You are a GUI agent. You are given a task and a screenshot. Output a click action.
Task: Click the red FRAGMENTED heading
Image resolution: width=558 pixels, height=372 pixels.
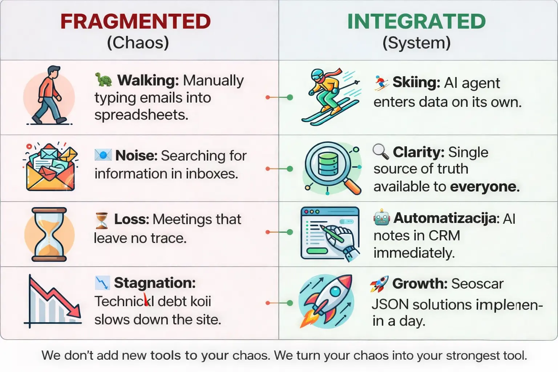(136, 21)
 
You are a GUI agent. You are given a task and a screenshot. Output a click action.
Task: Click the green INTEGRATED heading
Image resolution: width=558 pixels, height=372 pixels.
(416, 21)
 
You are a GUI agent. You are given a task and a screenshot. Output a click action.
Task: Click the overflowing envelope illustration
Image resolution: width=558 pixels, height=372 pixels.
(50, 167)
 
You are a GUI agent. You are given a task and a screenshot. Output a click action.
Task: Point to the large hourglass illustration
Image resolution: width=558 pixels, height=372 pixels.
(49, 234)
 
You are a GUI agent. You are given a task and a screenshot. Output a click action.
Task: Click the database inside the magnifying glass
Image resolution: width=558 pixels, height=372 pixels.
(328, 165)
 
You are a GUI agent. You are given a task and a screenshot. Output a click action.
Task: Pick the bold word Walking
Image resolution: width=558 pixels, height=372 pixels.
(147, 80)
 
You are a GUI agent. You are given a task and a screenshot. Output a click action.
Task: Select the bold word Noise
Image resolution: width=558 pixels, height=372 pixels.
(136, 155)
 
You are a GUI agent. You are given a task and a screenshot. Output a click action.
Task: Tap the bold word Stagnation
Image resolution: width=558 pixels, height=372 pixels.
(155, 283)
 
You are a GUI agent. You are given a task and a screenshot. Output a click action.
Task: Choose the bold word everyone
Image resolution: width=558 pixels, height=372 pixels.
(485, 187)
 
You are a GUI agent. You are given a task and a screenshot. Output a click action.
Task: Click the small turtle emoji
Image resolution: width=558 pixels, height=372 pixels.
(104, 80)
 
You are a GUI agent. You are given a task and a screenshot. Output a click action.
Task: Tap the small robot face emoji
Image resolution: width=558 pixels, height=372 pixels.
(381, 218)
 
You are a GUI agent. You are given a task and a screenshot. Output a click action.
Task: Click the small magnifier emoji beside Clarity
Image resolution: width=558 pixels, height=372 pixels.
(381, 151)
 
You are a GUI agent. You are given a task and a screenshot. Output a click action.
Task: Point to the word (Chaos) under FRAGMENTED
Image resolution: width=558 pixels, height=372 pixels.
(138, 43)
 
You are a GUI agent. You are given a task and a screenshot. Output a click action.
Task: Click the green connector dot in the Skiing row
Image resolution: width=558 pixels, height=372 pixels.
(290, 97)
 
